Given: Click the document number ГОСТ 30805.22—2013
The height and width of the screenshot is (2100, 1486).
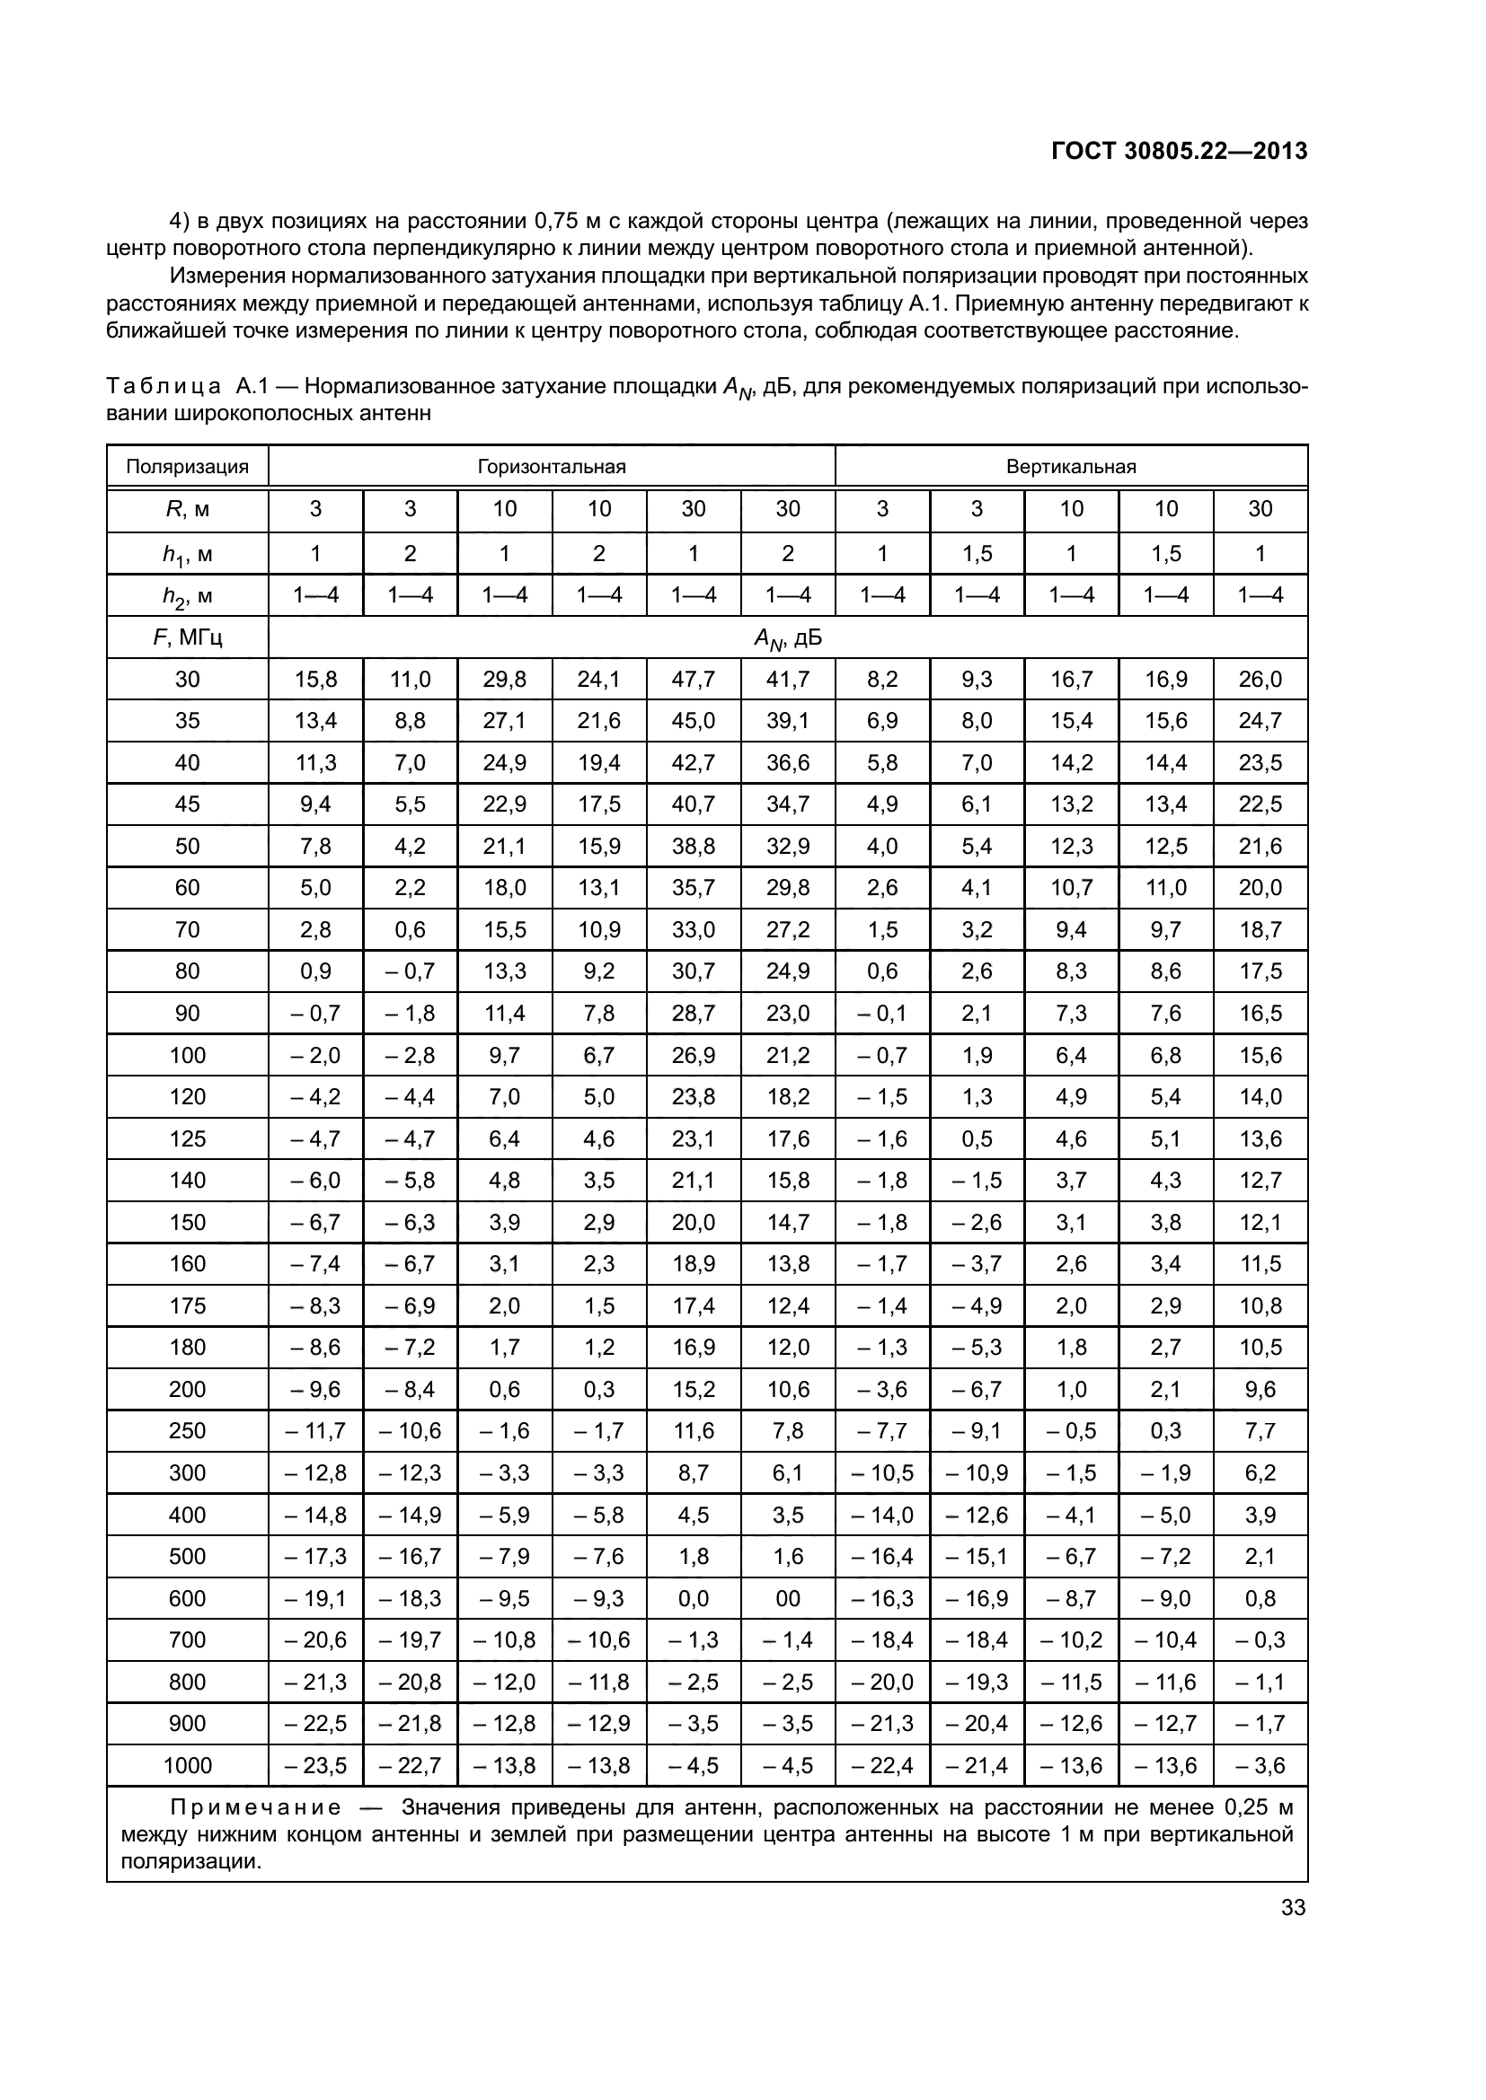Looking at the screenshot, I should click(1179, 151).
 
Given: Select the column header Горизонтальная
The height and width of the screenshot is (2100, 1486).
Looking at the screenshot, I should click(551, 467).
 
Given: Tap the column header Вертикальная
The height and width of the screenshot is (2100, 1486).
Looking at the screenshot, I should click(1071, 467).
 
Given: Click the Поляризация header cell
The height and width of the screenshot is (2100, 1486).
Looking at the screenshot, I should click(188, 467).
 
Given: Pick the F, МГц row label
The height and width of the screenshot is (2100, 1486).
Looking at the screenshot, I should click(188, 637).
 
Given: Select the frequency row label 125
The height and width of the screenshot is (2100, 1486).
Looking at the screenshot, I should click(188, 1138).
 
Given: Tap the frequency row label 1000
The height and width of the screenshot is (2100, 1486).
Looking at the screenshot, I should click(188, 1765).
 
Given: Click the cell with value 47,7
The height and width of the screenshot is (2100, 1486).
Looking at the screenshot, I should click(693, 680).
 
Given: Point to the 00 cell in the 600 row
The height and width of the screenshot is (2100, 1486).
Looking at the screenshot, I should click(787, 1598).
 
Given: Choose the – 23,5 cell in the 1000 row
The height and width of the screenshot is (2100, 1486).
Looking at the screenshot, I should click(315, 1765).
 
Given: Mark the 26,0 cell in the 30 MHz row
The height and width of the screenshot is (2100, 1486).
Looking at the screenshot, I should click(1260, 680).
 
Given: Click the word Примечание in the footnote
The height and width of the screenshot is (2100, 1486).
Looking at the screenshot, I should click(256, 1808).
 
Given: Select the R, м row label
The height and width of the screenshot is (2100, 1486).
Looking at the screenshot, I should click(188, 509).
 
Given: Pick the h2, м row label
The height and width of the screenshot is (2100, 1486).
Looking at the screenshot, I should click(188, 596).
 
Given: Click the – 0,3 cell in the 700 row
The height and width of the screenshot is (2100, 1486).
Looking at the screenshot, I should click(1260, 1640).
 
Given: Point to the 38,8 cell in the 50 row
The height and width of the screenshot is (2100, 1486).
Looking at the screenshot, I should click(693, 846).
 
